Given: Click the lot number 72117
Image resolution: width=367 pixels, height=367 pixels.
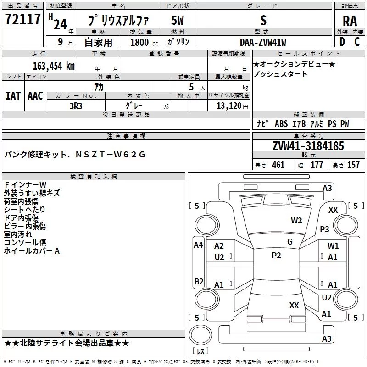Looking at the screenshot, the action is (22, 19).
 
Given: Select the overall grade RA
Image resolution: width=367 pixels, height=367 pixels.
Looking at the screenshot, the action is (350, 21).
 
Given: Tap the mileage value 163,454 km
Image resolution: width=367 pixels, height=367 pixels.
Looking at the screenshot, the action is (54, 66).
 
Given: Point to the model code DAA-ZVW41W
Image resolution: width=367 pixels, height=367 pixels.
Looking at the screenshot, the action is (263, 42).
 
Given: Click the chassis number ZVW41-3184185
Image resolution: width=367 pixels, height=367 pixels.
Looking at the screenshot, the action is (308, 146).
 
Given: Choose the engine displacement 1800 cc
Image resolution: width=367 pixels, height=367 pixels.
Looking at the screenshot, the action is (144, 42).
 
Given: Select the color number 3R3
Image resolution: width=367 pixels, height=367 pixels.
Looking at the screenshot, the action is (76, 106).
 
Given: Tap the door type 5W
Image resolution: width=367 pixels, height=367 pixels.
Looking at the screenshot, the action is (178, 20).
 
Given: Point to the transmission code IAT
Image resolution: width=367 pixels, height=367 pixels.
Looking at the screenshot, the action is (13, 96).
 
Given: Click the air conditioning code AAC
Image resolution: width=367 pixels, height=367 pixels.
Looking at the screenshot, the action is (35, 96).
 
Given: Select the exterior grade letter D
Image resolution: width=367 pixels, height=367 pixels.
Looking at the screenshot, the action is (342, 42).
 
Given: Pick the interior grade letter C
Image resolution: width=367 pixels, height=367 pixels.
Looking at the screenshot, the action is (357, 42).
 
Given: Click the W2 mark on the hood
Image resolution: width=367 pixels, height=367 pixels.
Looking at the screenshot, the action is (296, 221).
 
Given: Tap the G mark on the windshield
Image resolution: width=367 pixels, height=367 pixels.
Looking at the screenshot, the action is (290, 242).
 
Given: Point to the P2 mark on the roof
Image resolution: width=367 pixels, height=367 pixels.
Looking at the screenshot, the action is (276, 256).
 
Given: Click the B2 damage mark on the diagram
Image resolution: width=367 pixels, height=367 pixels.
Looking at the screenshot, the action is (199, 281).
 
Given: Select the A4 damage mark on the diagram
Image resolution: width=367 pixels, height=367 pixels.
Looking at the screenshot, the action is (198, 245).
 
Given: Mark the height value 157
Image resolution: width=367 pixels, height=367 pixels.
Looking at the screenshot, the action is (353, 165).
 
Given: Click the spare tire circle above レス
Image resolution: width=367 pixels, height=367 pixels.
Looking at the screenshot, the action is (200, 335).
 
